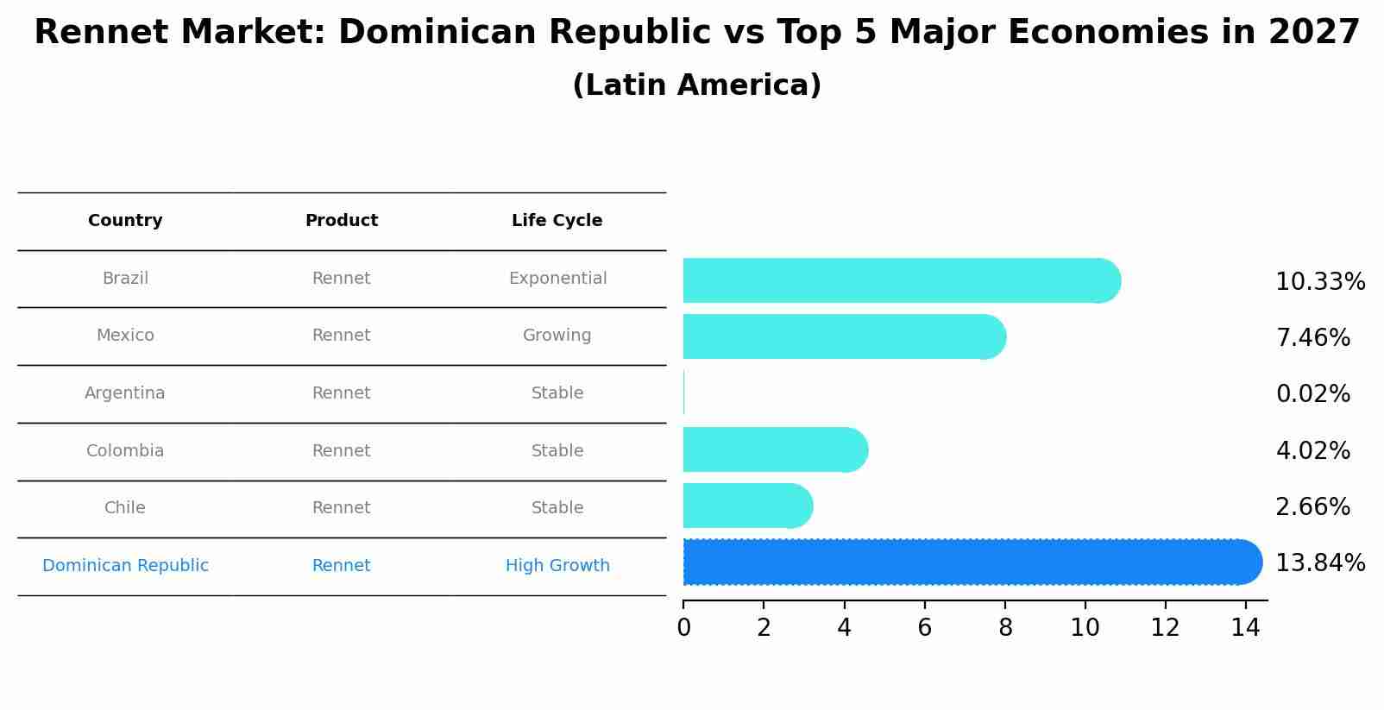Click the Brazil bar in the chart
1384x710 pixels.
click(x=897, y=280)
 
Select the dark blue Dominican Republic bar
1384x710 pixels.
click(x=966, y=562)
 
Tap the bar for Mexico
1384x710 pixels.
click(x=841, y=336)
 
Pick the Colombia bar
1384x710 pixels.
click(x=772, y=449)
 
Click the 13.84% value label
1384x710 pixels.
click(x=1320, y=563)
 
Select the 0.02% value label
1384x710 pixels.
click(x=1312, y=394)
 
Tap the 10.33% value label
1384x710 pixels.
click(x=1320, y=282)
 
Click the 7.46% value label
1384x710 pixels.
click(x=1312, y=338)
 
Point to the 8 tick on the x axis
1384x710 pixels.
click(x=1005, y=628)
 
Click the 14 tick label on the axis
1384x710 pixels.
click(x=1245, y=628)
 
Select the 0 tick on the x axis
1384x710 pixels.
click(x=683, y=628)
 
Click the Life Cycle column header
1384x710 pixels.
click(x=557, y=221)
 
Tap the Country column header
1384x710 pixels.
click(x=125, y=221)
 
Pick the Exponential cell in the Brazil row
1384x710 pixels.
click(x=557, y=279)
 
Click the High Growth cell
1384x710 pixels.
click(x=557, y=566)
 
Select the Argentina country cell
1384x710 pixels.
click(x=125, y=393)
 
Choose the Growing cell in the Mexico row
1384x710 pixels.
click(x=557, y=336)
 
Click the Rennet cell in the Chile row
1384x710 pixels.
click(x=341, y=508)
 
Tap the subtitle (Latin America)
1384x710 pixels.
click(x=696, y=85)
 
